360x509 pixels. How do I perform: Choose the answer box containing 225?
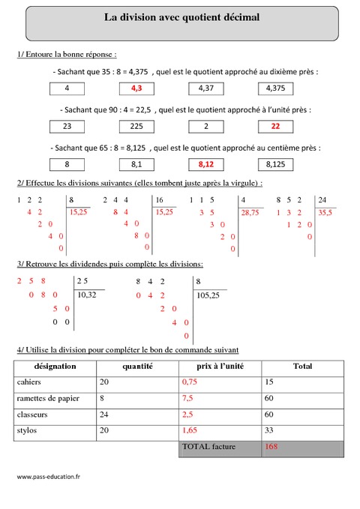(x=138, y=126)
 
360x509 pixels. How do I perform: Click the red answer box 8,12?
(x=206, y=163)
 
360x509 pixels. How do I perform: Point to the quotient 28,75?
(x=250, y=214)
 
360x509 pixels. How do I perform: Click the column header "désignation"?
(x=54, y=367)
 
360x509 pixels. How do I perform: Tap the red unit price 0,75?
(x=190, y=382)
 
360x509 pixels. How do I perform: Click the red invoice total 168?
(x=271, y=447)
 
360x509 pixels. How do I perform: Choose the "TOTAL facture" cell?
(x=208, y=447)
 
